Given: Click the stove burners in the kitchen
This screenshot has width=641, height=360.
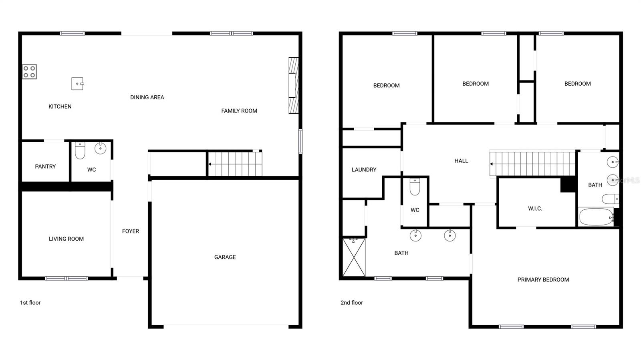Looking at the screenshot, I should click(x=29, y=72).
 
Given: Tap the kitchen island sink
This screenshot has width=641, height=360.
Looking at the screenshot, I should click(x=77, y=84).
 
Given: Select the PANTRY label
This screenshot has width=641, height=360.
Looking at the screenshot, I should click(x=45, y=167).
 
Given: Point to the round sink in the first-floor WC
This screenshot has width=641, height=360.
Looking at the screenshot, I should click(x=100, y=148).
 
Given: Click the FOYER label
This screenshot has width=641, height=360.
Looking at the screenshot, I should click(x=131, y=231).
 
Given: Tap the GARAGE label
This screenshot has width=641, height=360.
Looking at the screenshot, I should click(x=225, y=257).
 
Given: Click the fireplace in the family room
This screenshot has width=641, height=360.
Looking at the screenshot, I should click(x=294, y=85).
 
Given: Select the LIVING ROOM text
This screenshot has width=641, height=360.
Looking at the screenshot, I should click(x=66, y=239).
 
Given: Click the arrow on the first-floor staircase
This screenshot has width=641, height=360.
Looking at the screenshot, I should click(x=210, y=164).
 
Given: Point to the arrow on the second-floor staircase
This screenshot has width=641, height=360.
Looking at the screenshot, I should click(x=492, y=164).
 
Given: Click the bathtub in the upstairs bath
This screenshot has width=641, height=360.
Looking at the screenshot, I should click(x=596, y=217).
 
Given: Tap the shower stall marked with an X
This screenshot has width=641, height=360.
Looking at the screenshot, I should click(x=354, y=257).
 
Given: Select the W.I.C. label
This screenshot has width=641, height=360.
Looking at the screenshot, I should click(x=535, y=209).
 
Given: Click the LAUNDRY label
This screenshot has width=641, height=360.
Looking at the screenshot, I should click(x=364, y=170).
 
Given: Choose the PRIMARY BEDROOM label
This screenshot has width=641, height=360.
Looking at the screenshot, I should click(x=543, y=280).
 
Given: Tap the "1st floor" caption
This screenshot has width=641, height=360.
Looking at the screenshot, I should click(x=30, y=303).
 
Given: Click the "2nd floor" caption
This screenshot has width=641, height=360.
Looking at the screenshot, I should click(x=352, y=303).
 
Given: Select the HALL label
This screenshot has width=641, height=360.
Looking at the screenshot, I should click(x=461, y=161).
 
